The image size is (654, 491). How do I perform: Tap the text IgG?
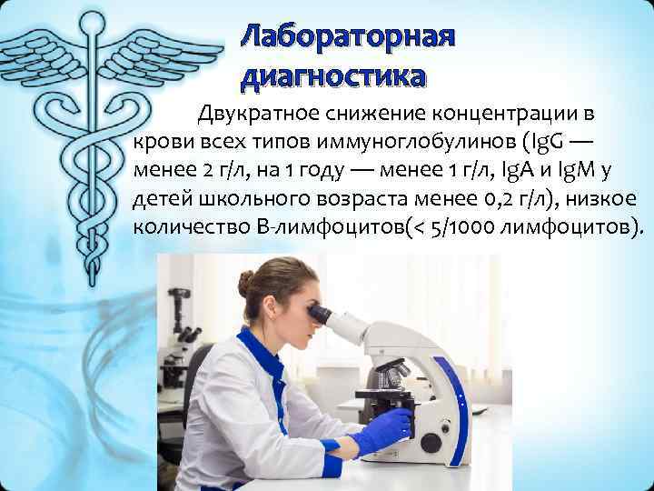(543, 143)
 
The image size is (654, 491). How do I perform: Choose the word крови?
(161, 143)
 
